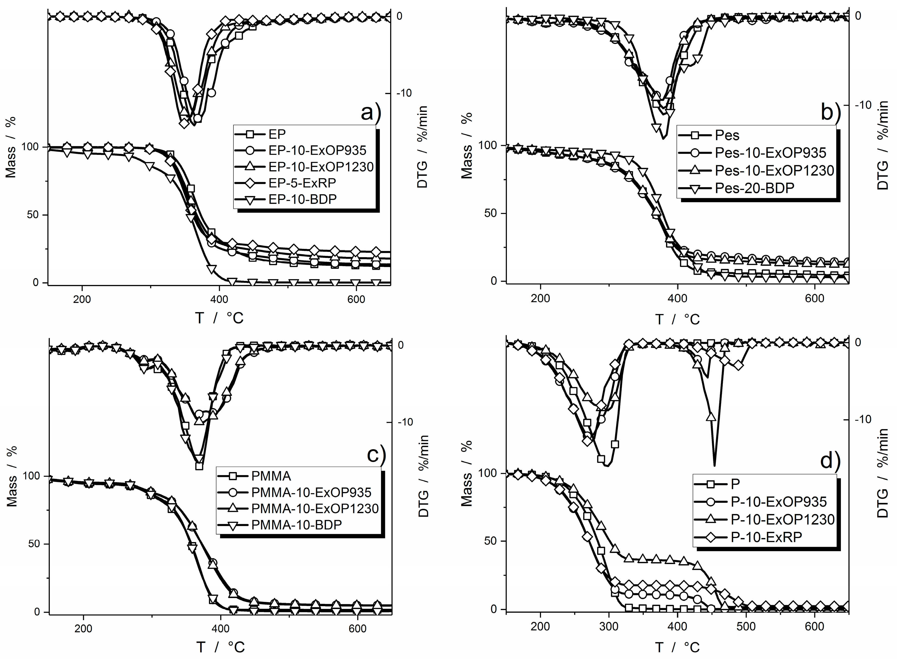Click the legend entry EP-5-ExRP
pyautogui.click(x=302, y=183)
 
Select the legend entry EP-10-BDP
pyautogui.click(x=302, y=199)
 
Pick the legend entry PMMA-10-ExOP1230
pyautogui.click(x=314, y=509)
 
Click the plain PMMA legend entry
pyautogui.click(x=271, y=476)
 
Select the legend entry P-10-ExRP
pyautogui.click(x=766, y=537)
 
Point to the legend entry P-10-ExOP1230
pyautogui.click(x=782, y=519)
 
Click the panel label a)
pyautogui.click(x=371, y=113)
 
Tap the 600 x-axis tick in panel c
pyautogui.click(x=357, y=629)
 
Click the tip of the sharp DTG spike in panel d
pyautogui.click(x=714, y=465)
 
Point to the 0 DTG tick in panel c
pyautogui.click(x=401, y=345)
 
